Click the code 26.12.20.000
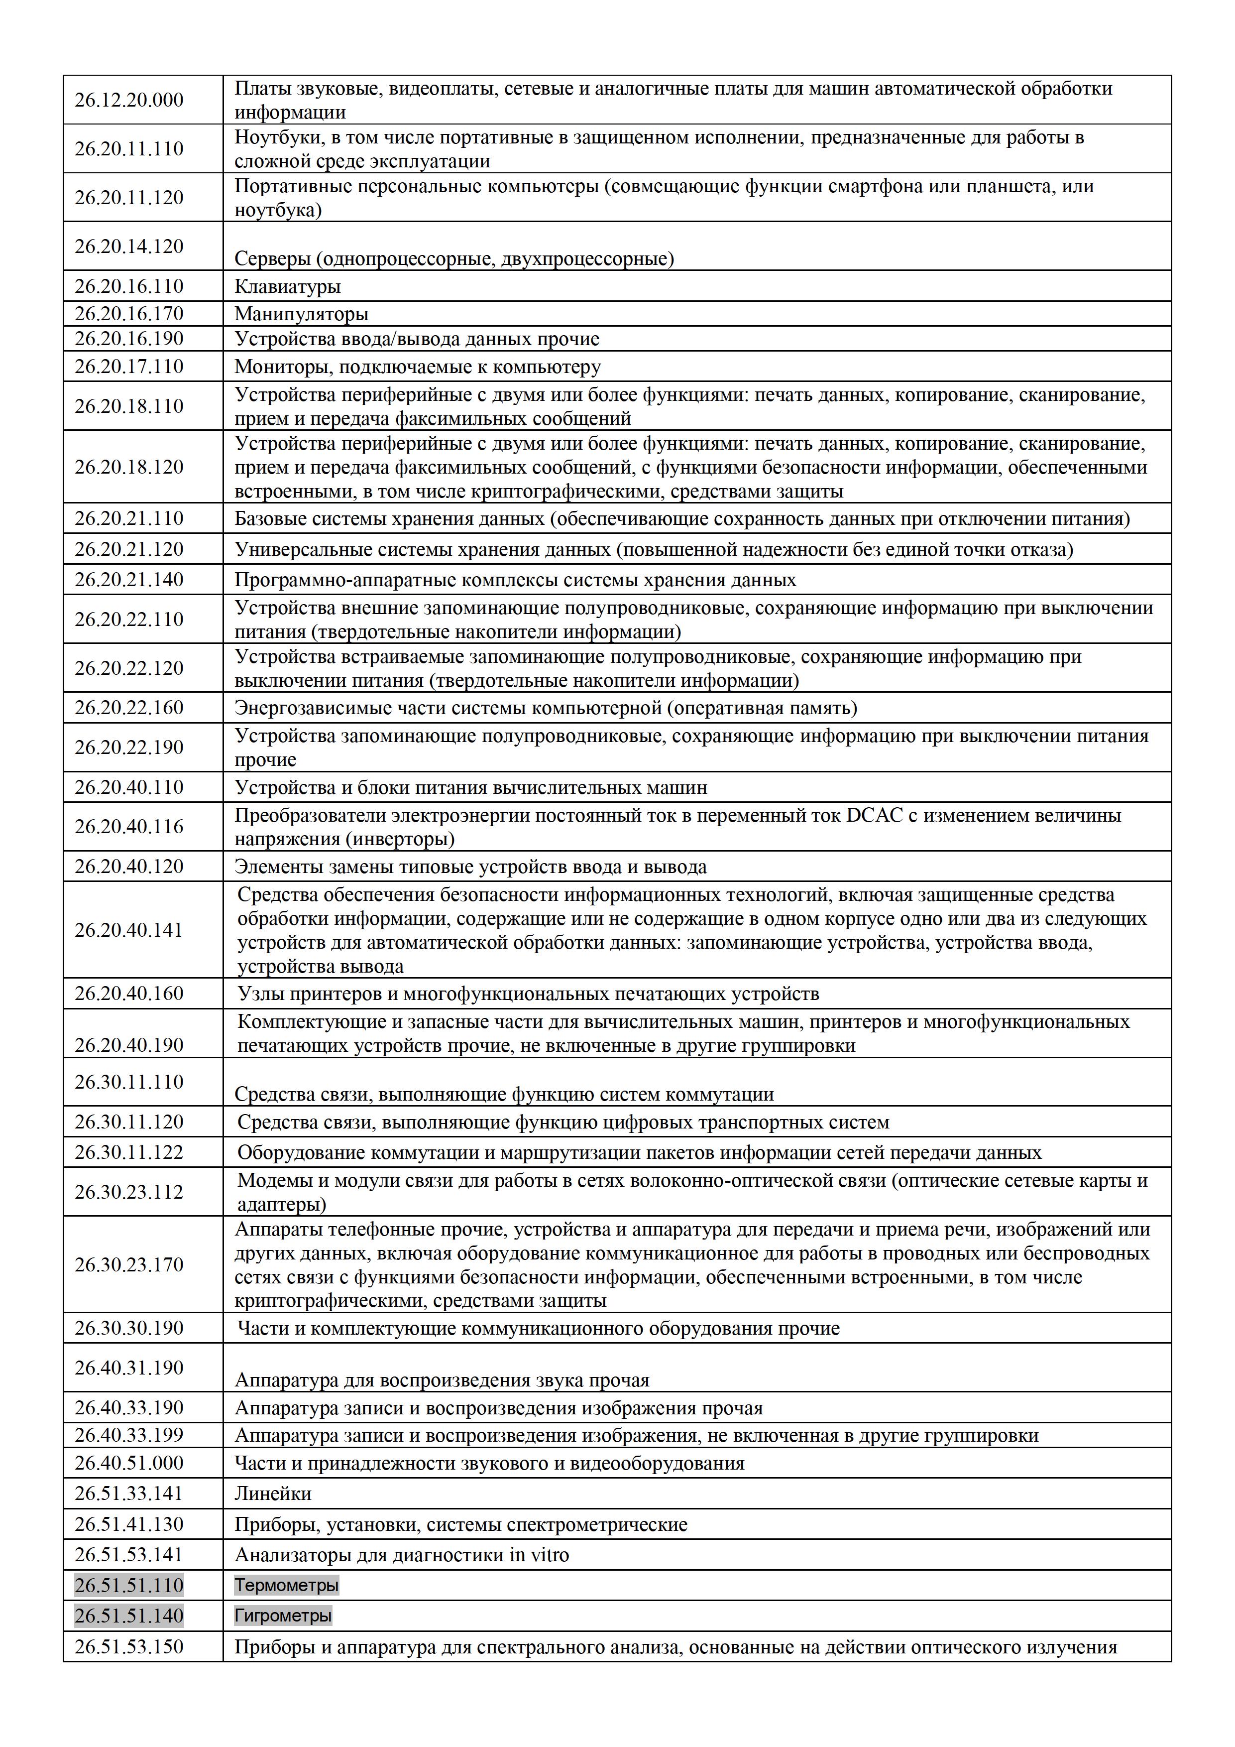[x=128, y=100]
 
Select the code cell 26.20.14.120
[x=128, y=246]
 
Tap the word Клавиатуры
[x=287, y=287]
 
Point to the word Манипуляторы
[x=301, y=313]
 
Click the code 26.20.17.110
[x=128, y=366]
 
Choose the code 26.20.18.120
[x=128, y=467]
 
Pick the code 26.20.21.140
[x=128, y=580]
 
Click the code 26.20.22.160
[x=128, y=708]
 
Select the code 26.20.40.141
[x=128, y=930]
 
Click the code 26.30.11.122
[x=128, y=1152]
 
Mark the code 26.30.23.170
[x=128, y=1264]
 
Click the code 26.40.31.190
[x=128, y=1368]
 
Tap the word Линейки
[x=272, y=1494]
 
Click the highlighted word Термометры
[x=286, y=1586]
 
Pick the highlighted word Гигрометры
[x=282, y=1616]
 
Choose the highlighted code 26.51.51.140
[x=128, y=1616]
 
